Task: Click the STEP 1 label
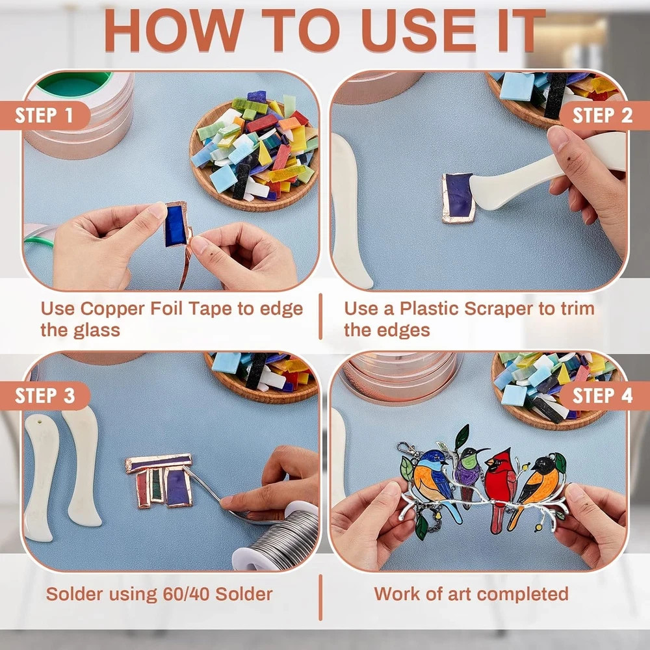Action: (x=44, y=116)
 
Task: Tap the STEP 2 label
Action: (x=603, y=116)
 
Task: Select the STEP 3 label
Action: (x=45, y=396)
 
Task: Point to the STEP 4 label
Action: (x=603, y=396)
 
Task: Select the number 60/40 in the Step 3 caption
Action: (x=187, y=594)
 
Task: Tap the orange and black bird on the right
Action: (x=539, y=485)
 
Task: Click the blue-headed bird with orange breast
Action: (x=431, y=481)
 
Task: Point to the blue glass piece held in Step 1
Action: (x=175, y=225)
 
